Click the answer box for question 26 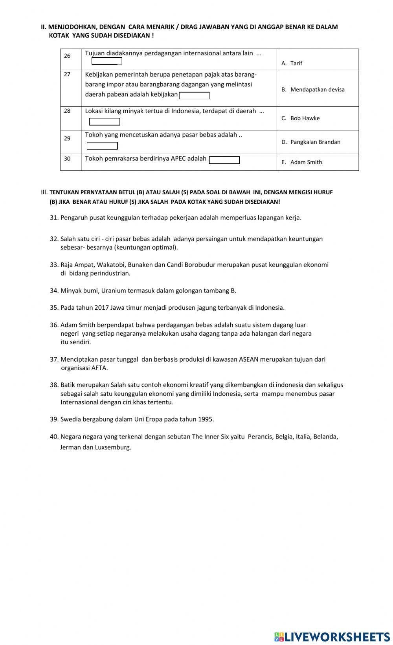(107, 61)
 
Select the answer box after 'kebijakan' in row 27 (194, 95)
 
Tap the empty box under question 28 (105, 122)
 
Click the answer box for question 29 (102, 146)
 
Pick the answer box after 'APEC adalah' (224, 160)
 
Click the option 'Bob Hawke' (305, 118)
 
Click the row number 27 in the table (67, 74)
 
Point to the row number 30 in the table (67, 159)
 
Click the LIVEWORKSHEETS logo (332, 636)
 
